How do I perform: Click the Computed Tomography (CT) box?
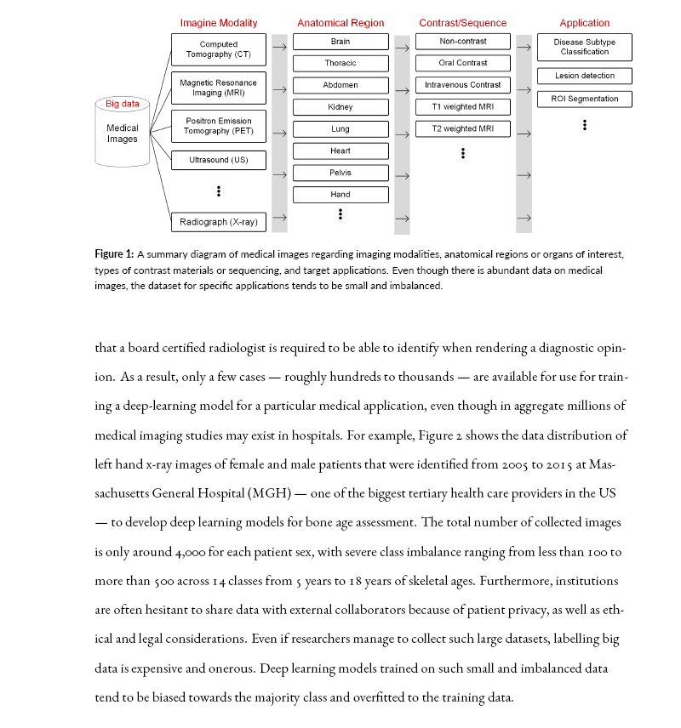(x=218, y=49)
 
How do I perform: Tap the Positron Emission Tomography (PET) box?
(x=218, y=126)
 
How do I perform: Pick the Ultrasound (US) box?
(x=218, y=160)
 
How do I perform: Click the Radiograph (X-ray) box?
(x=218, y=222)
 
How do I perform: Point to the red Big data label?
(x=123, y=104)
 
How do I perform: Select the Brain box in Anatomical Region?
(x=340, y=41)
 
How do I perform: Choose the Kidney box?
(x=340, y=107)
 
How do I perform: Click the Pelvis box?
(x=340, y=173)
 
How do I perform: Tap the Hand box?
(x=340, y=195)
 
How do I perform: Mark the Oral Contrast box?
(x=463, y=63)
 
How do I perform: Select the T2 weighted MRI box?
(x=463, y=129)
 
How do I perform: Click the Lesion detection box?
(x=585, y=77)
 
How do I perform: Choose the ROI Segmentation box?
(x=585, y=99)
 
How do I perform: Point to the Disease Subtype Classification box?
(x=585, y=46)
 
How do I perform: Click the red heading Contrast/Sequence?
(x=462, y=23)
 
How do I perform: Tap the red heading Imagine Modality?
(x=218, y=23)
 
